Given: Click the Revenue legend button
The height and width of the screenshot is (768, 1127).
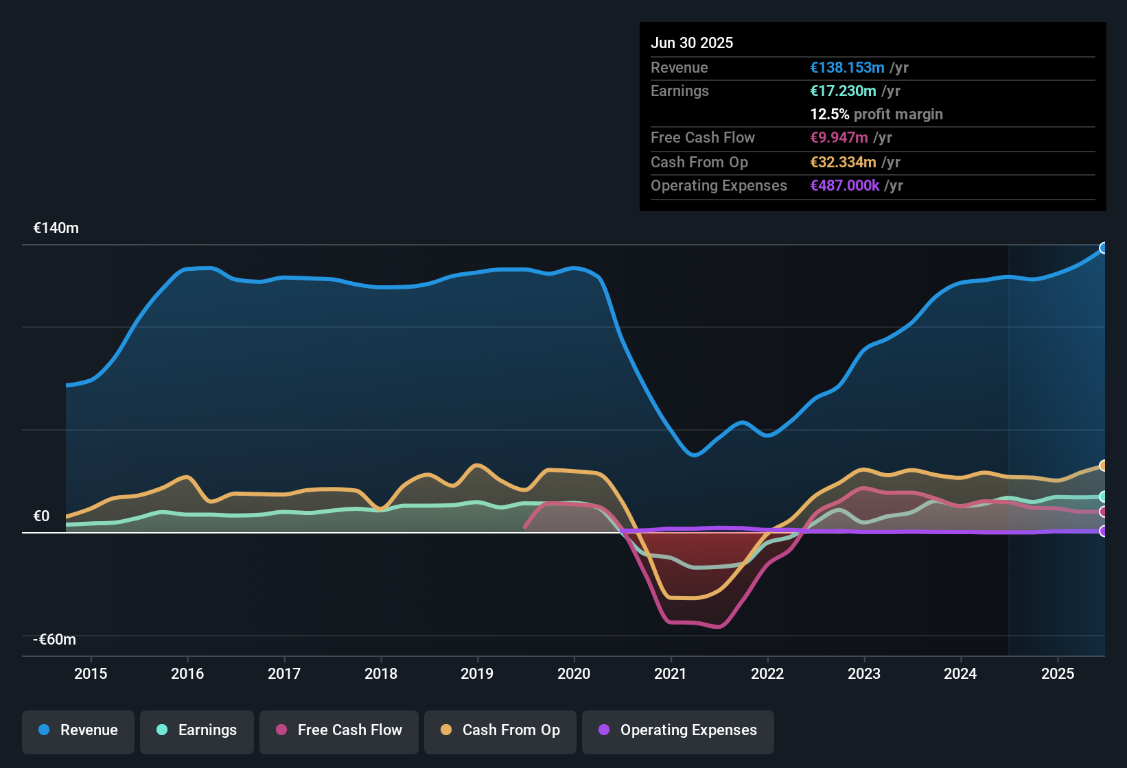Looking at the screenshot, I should click(x=78, y=730).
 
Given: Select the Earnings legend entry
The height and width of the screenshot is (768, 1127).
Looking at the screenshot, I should click(x=197, y=730).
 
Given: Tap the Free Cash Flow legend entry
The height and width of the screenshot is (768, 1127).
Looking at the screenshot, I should click(x=339, y=730).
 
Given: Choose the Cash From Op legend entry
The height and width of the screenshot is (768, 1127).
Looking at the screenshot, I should click(x=500, y=730).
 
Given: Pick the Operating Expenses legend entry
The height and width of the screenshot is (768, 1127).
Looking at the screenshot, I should click(x=678, y=730).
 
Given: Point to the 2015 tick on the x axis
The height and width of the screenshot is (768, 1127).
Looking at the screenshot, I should click(x=91, y=673).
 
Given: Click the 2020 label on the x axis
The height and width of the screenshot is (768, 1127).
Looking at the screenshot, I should click(x=574, y=673).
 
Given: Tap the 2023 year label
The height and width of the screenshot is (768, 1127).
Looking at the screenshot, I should click(x=863, y=673).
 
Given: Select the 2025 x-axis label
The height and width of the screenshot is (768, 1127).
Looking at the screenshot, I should click(x=1057, y=673).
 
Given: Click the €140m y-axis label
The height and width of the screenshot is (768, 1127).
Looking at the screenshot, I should click(x=56, y=228).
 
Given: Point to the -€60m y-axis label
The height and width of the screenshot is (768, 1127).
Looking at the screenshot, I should click(x=55, y=640).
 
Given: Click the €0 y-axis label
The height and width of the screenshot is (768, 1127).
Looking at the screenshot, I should click(x=41, y=516).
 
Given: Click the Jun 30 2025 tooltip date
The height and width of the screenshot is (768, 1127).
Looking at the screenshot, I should click(x=692, y=43).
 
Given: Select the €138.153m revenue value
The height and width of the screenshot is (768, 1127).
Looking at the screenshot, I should click(x=847, y=67).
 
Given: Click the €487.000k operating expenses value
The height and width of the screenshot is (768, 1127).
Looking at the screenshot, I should click(x=844, y=186).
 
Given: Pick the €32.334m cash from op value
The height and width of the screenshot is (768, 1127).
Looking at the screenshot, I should click(x=843, y=163).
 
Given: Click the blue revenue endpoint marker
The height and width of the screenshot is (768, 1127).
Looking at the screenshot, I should click(x=1103, y=248).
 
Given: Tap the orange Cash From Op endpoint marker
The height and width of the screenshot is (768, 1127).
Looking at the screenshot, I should click(x=1103, y=466).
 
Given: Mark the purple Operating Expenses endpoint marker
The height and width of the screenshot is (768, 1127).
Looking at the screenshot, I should click(x=1103, y=531).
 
